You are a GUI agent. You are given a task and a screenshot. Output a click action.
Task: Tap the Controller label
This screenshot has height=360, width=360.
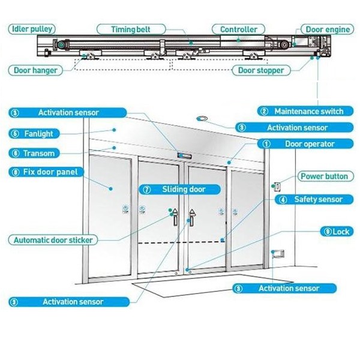click(x=238, y=29)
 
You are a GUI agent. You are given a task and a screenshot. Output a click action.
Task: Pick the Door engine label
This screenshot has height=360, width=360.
click(x=328, y=29)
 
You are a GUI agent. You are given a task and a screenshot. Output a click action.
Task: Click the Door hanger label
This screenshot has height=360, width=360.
click(x=37, y=70)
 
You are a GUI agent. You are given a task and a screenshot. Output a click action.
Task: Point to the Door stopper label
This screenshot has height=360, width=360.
click(x=261, y=70)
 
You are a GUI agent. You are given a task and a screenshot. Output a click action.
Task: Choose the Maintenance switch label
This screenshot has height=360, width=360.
click(x=303, y=111)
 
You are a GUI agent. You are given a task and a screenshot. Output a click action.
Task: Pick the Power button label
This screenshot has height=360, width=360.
click(x=324, y=176)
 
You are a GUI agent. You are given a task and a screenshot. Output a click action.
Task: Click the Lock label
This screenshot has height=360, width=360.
click(x=336, y=232)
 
